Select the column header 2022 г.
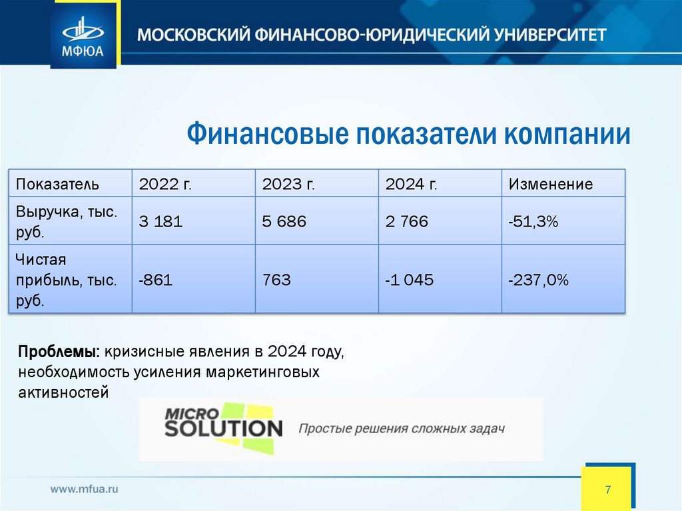click(165, 184)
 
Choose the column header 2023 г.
click(288, 184)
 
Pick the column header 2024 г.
click(411, 184)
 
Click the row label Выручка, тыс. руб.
click(66, 222)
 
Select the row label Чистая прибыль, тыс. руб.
click(66, 280)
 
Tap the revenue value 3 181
click(160, 222)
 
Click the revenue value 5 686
click(284, 222)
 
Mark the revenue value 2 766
click(406, 222)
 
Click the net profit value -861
click(155, 280)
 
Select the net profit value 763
click(276, 280)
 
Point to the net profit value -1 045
click(409, 280)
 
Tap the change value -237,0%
click(538, 280)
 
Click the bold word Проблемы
click(58, 351)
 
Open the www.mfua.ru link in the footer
click(85, 489)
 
